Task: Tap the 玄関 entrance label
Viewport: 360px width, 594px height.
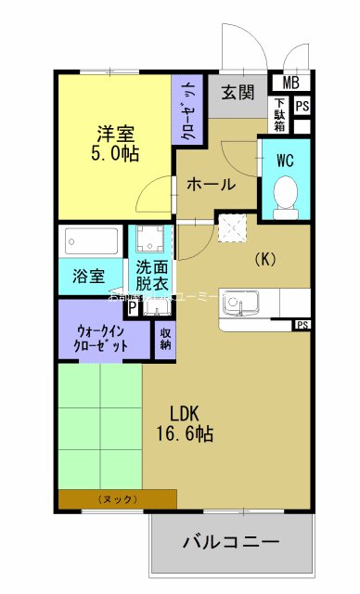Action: (238, 91)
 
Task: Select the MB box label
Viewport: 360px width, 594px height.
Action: (290, 82)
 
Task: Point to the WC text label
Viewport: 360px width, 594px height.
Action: (285, 159)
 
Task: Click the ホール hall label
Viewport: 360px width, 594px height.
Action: (211, 184)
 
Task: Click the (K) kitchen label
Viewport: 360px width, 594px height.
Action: (265, 260)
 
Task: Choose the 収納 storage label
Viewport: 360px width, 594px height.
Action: (165, 338)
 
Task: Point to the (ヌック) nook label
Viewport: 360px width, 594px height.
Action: (117, 499)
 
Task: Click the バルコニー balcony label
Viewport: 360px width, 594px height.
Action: (231, 542)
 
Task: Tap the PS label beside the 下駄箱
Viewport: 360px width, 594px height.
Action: (302, 106)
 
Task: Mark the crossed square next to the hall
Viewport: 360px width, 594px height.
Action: (230, 226)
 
